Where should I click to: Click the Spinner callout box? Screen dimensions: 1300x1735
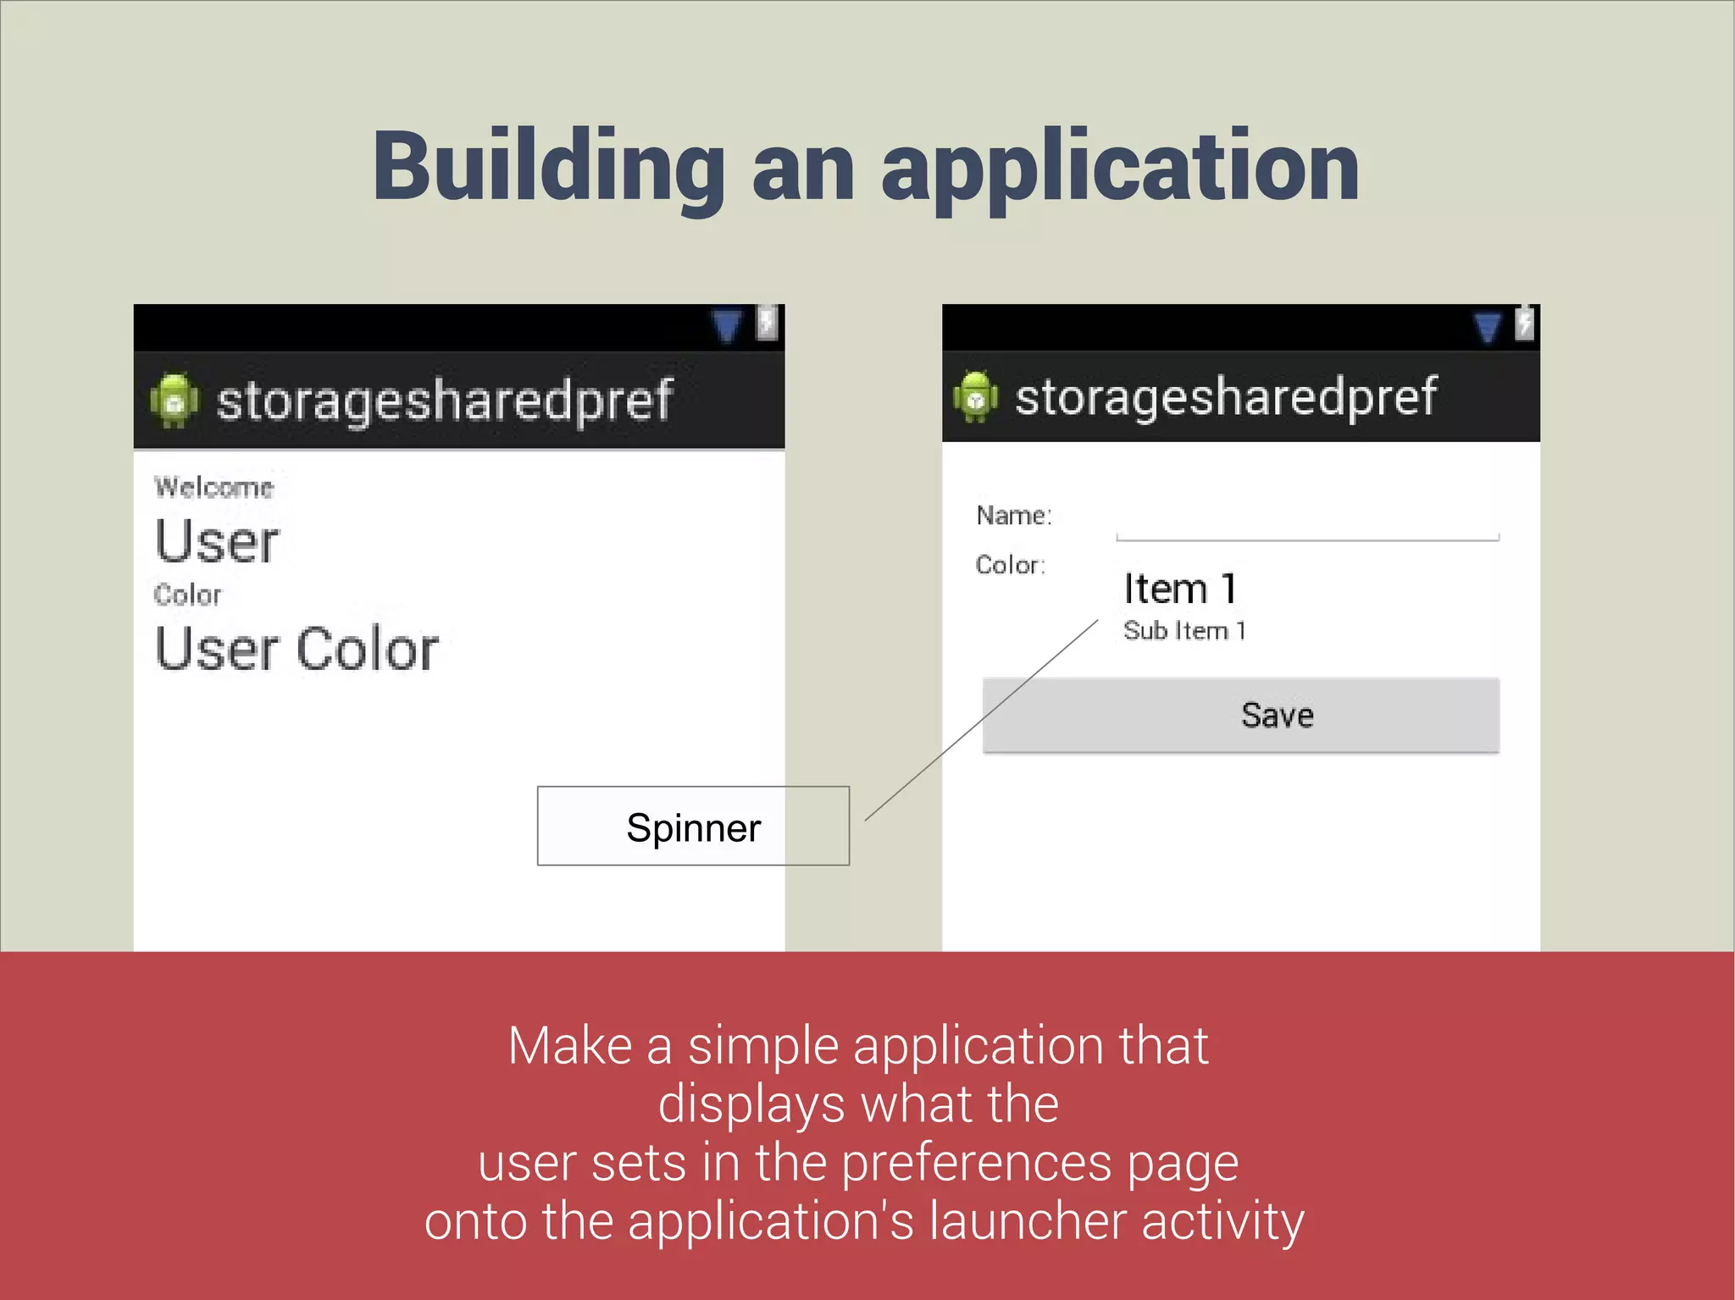[x=693, y=827]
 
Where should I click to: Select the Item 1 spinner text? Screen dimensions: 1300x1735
[x=1180, y=589]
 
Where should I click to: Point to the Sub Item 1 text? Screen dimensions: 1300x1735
[x=1183, y=631]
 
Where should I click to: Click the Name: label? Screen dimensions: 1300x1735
[x=1013, y=515]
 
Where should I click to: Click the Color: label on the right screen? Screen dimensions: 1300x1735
[x=1010, y=565]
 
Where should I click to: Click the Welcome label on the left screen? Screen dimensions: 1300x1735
[x=213, y=488]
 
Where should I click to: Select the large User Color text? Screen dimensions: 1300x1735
[x=297, y=650]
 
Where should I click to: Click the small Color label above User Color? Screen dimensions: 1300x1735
[x=187, y=595]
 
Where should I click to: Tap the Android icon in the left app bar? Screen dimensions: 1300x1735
[x=175, y=401]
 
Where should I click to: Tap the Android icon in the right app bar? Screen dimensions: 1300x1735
[x=976, y=396]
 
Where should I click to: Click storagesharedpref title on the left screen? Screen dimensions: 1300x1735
[x=445, y=401]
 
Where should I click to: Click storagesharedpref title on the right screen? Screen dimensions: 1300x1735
[x=1226, y=396]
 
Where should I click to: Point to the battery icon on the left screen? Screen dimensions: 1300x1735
[x=767, y=323]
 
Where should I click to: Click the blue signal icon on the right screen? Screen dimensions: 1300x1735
[x=1487, y=327]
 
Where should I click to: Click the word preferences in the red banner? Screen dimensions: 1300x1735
[x=975, y=1162]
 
